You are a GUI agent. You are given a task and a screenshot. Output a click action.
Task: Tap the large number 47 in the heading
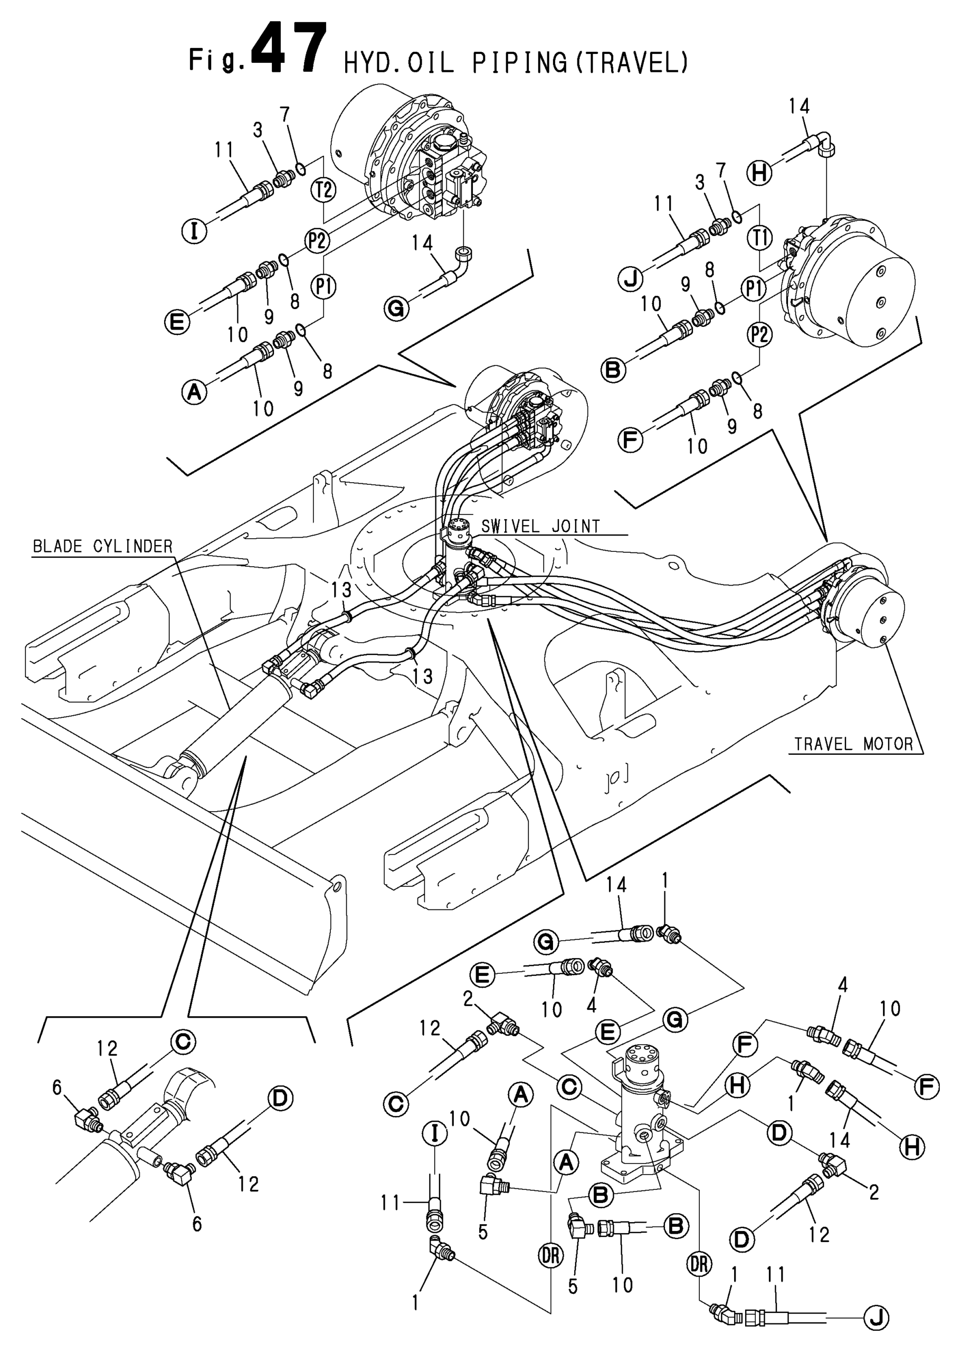[x=289, y=49]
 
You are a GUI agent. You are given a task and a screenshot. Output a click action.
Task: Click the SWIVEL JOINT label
[x=540, y=527]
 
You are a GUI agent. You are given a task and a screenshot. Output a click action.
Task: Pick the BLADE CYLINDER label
[x=102, y=546]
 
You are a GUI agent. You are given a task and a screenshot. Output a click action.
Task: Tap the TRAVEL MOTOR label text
[x=853, y=745]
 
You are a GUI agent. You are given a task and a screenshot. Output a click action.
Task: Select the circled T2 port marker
[x=323, y=190]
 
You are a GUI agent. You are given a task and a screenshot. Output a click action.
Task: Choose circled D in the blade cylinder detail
[x=280, y=1099]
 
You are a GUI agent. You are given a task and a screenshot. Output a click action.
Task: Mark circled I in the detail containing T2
[x=194, y=230]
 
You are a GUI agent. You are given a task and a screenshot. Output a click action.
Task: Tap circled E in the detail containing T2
[x=177, y=322]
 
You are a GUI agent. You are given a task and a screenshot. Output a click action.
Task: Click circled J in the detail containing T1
[x=631, y=278]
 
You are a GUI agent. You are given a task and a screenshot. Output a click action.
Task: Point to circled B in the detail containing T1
[x=614, y=370]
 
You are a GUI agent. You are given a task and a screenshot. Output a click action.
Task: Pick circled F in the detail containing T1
[x=630, y=440]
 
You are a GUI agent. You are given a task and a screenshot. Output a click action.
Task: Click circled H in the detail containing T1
[x=760, y=173]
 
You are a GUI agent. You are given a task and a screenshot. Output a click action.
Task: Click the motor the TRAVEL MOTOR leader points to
[x=864, y=610]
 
